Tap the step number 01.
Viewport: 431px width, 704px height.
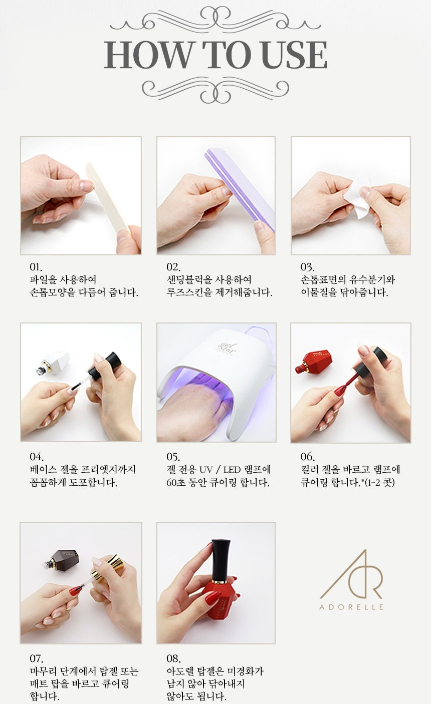[36, 267]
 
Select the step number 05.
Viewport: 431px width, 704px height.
[173, 457]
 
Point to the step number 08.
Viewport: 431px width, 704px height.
[173, 658]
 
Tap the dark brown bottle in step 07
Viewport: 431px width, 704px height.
[61, 561]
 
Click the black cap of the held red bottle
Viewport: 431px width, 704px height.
[221, 560]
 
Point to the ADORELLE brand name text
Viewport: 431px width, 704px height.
[351, 607]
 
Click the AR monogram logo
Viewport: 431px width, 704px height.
[351, 575]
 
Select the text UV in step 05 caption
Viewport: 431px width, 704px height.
[206, 470]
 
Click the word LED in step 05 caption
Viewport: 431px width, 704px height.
[232, 470]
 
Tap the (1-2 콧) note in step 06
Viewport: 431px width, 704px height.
[380, 483]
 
